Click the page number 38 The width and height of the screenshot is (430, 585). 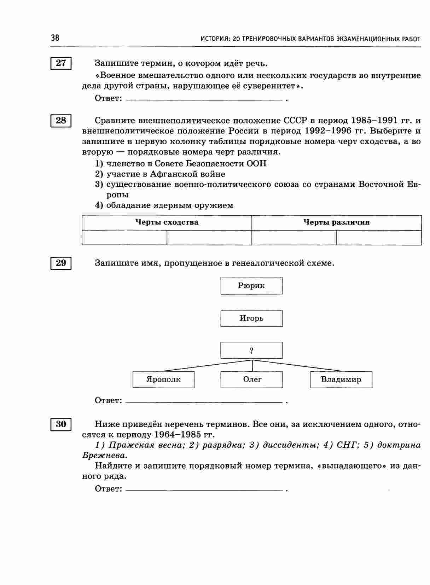click(x=55, y=38)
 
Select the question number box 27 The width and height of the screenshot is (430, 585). click(x=61, y=63)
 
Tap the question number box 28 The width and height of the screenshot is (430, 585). click(x=61, y=121)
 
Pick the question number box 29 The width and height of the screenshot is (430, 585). click(x=61, y=263)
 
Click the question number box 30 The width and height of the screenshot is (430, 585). click(x=61, y=424)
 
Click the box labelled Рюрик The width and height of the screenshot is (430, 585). click(x=251, y=286)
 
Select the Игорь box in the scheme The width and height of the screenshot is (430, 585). click(x=251, y=318)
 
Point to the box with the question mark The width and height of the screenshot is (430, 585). click(x=251, y=351)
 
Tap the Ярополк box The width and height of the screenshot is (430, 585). click(x=163, y=380)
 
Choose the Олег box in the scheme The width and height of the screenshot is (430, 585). click(x=251, y=380)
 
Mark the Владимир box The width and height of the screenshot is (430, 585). click(x=341, y=380)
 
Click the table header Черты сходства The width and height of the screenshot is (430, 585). click(x=167, y=222)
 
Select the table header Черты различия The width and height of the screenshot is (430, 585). click(x=337, y=222)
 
